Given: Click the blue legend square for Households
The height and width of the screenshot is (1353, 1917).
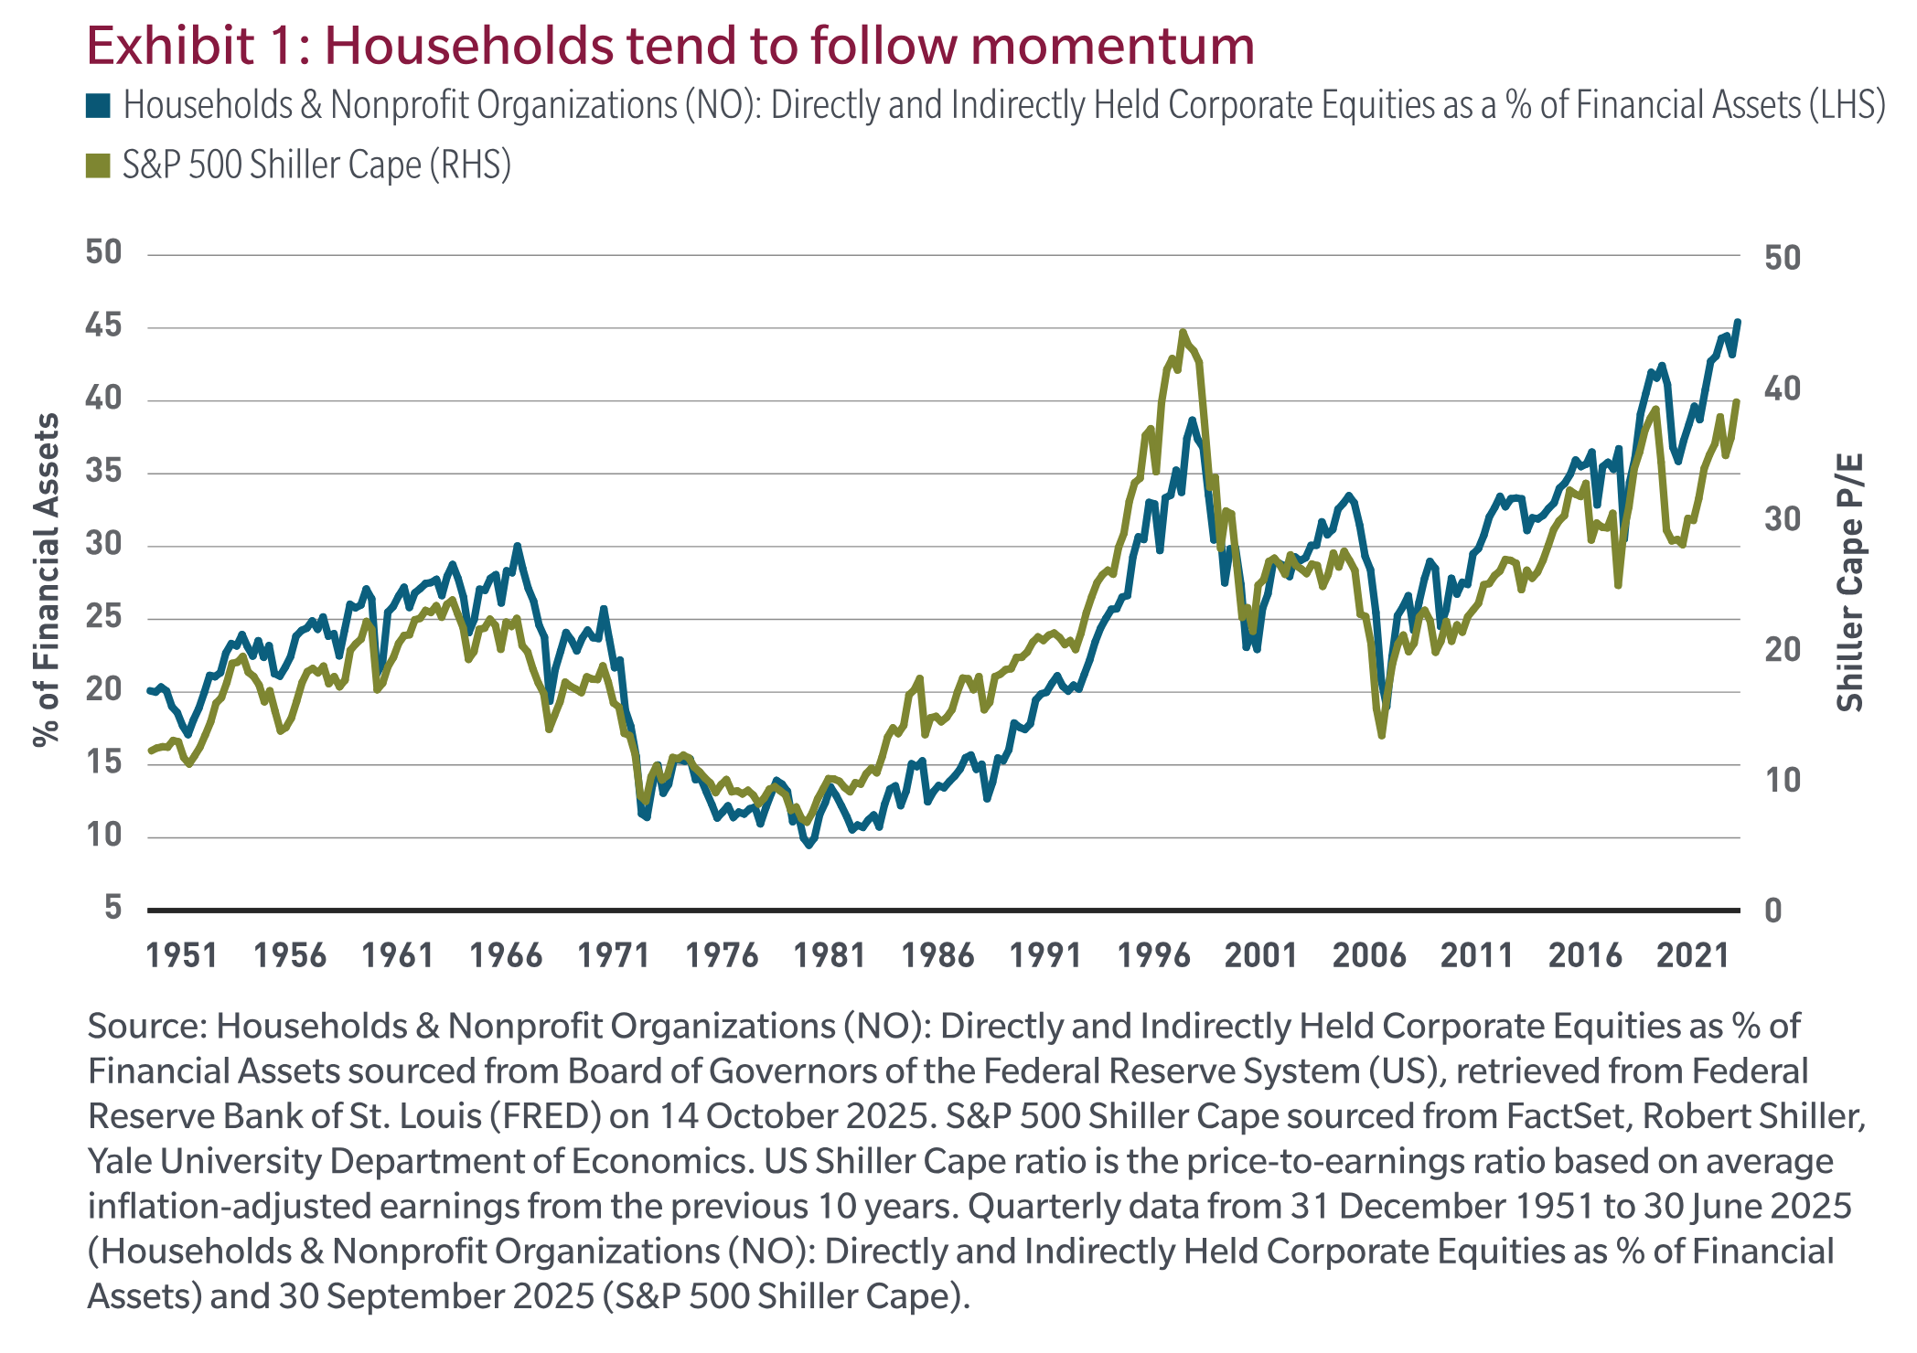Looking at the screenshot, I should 99,106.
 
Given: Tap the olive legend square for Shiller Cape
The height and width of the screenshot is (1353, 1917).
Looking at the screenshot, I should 99,165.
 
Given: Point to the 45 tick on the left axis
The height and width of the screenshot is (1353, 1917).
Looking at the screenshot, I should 103,325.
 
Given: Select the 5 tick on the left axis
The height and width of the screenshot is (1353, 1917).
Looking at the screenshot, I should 112,908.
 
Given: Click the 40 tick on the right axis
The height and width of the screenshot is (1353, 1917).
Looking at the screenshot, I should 1782,389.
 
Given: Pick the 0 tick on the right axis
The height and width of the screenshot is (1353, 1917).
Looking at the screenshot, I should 1772,911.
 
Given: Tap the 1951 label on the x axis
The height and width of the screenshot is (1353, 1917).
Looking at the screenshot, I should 182,956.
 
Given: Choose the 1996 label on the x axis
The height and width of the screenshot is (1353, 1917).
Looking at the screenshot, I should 1153,956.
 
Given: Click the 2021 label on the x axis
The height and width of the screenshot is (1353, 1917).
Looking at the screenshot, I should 1692,956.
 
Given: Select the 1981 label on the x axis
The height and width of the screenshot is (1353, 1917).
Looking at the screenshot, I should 830,956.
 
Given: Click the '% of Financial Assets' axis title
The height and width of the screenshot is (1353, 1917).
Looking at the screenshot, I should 46,580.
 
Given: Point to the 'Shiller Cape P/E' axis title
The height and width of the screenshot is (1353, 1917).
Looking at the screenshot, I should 1849,582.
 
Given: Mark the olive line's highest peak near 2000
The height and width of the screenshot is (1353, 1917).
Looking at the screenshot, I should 1183,333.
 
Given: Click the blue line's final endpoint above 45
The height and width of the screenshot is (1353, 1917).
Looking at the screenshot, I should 1738,322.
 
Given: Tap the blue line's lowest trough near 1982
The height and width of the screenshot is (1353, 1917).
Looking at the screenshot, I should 809,846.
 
